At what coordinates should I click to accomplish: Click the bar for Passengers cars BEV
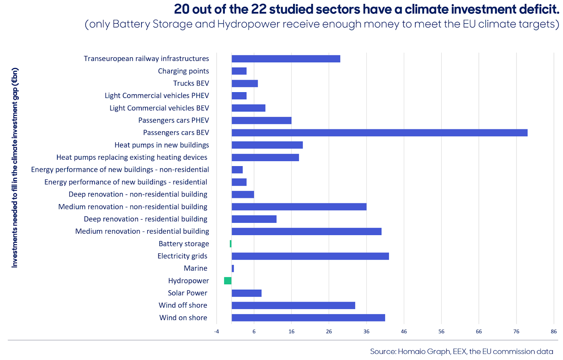pyautogui.click(x=380, y=133)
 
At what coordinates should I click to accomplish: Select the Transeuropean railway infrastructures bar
pyautogui.click(x=286, y=59)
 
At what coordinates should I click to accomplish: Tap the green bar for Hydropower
pyautogui.click(x=228, y=281)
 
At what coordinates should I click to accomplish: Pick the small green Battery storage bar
pyautogui.click(x=231, y=244)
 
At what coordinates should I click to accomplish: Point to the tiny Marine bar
pyautogui.click(x=233, y=269)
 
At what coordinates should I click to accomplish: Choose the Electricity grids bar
pyautogui.click(x=310, y=256)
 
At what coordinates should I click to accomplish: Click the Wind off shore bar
pyautogui.click(x=293, y=305)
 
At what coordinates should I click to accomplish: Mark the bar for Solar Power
pyautogui.click(x=247, y=293)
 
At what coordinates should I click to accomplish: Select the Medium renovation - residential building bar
pyautogui.click(x=306, y=232)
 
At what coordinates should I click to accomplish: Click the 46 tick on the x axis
pyautogui.click(x=404, y=331)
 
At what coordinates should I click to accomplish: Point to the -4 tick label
pyautogui.click(x=216, y=331)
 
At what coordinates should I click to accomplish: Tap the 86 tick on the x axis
pyautogui.click(x=554, y=331)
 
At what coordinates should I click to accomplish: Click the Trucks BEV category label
pyautogui.click(x=191, y=83)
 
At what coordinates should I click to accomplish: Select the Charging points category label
pyautogui.click(x=183, y=71)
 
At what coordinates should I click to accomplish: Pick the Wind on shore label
pyautogui.click(x=183, y=318)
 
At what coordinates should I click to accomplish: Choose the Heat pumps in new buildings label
pyautogui.click(x=162, y=145)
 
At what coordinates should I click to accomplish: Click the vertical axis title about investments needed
pyautogui.click(x=14, y=168)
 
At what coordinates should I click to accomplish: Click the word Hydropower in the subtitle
pyautogui.click(x=248, y=24)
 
